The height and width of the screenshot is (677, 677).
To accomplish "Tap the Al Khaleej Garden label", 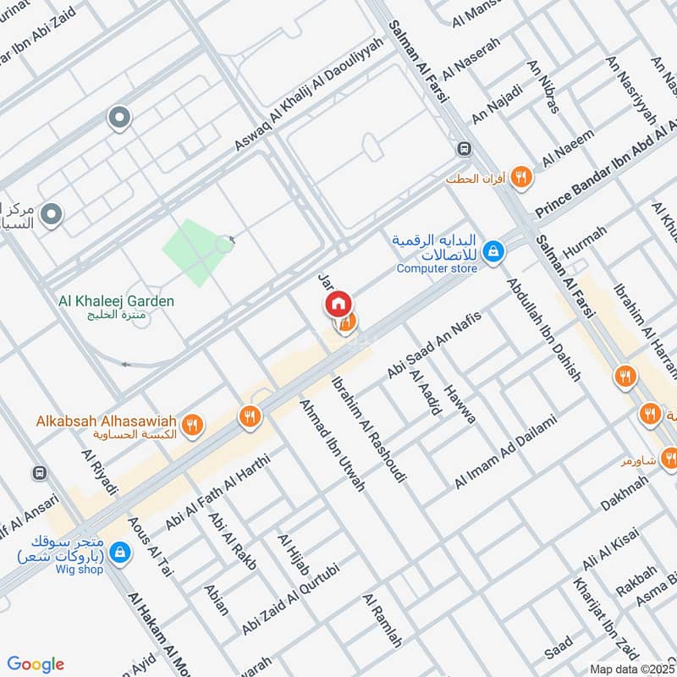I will (117, 301).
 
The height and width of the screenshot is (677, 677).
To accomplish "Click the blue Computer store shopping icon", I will (493, 250).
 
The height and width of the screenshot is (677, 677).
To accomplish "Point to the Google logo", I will (36, 664).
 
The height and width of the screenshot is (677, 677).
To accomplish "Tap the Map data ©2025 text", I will (630, 669).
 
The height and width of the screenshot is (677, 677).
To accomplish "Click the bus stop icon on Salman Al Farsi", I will (464, 149).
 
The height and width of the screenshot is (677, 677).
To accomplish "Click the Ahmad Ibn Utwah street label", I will (333, 445).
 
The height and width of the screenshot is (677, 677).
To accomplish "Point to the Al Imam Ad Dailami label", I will (506, 450).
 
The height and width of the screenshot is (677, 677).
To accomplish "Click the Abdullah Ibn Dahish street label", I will (543, 329).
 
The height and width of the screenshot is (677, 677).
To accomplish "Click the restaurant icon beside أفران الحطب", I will (521, 177).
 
